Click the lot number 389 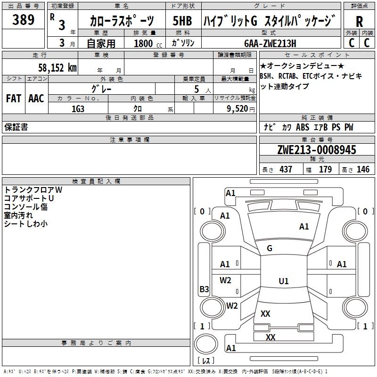[24, 20]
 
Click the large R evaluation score [359, 22]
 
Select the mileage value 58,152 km [57, 67]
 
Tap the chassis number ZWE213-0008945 [316, 150]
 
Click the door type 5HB [182, 21]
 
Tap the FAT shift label [13, 98]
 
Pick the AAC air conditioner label [36, 98]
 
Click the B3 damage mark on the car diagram [204, 289]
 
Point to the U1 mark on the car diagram [283, 281]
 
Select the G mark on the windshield [270, 248]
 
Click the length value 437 [286, 169]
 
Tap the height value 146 [363, 169]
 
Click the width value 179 [325, 169]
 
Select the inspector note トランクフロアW [33, 190]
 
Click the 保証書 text [16, 127]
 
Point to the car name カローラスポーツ [122, 21]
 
